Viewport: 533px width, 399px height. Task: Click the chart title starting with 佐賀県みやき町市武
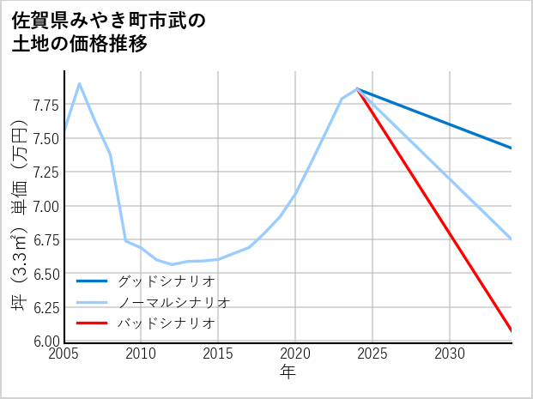[109, 32]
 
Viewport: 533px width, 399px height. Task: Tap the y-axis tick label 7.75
[45, 106]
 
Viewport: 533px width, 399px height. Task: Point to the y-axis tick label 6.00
[45, 341]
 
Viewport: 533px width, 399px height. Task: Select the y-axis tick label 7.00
[45, 206]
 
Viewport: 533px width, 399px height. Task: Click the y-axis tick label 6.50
[45, 274]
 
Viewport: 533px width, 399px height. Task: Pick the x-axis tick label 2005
[64, 354]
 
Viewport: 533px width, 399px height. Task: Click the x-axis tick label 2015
[218, 354]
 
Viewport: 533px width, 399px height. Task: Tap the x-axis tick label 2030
[450, 354]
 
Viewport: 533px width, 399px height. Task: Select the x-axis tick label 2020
[295, 354]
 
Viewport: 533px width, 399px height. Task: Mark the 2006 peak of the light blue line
[80, 83]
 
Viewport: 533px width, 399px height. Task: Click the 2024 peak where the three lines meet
[357, 88]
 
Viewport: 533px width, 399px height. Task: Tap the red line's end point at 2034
[512, 330]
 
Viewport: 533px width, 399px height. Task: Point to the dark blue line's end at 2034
[512, 148]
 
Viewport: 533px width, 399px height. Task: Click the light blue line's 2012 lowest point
[172, 264]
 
